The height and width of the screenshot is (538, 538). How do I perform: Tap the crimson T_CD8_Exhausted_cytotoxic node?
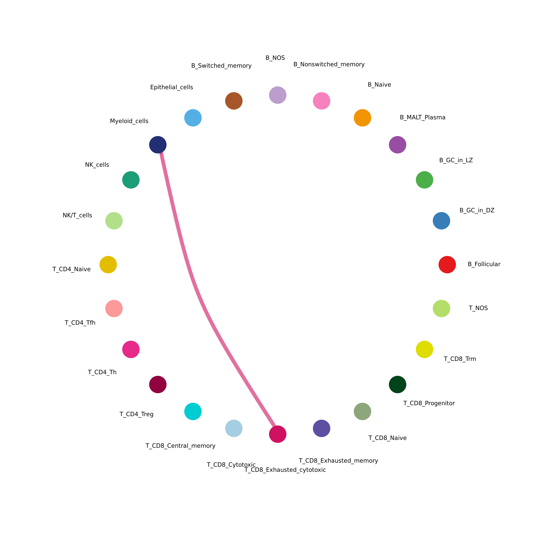278,434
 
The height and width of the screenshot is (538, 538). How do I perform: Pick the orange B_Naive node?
362,118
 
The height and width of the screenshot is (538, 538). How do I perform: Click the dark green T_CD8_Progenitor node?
397,384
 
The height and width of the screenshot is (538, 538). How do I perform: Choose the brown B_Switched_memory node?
234,101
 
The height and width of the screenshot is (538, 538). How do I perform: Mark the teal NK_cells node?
131,180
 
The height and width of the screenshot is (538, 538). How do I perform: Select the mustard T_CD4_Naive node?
108,264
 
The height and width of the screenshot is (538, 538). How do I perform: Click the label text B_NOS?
275,58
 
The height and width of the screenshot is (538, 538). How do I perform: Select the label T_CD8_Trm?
460,359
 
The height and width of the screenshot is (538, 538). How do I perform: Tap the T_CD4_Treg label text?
136,414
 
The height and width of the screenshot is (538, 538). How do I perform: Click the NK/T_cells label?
77,215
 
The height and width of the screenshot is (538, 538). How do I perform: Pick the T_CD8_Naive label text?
387,438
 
